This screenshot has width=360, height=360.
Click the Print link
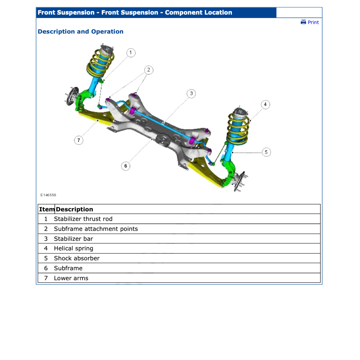point(313,22)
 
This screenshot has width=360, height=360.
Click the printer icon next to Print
point(303,22)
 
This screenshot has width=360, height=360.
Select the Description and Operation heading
point(81,32)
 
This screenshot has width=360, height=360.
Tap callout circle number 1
point(131,53)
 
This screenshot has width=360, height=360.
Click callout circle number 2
point(148,70)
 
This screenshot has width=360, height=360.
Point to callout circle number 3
point(191,93)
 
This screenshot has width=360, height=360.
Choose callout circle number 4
point(265,105)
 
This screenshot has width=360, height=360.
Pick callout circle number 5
point(266,152)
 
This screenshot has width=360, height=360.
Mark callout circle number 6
point(126,166)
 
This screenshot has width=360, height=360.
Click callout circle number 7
point(78,140)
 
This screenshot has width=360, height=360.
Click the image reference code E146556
point(48,195)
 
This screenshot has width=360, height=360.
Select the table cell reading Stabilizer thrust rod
point(83,219)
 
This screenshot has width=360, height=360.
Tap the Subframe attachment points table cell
point(96,229)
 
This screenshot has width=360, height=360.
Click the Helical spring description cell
point(74,248)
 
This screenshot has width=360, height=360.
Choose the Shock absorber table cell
point(77,258)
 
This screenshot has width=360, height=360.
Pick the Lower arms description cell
point(71,278)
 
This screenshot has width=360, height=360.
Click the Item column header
point(47,209)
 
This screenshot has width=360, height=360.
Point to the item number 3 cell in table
point(46,239)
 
